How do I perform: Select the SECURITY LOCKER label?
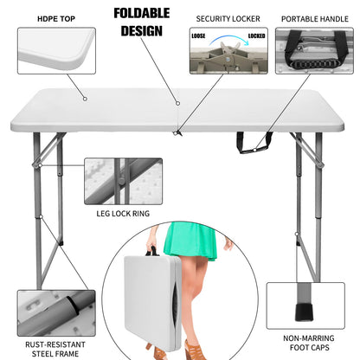228,17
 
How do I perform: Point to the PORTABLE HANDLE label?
315,17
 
